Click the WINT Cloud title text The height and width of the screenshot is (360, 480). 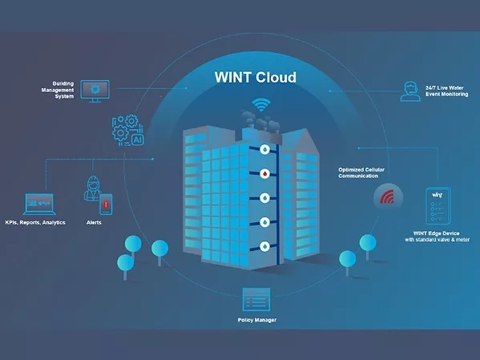point(256,78)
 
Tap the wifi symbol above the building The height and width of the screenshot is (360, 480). point(260,105)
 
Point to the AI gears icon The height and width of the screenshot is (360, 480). point(128,130)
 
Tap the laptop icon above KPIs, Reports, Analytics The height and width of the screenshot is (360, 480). point(38,203)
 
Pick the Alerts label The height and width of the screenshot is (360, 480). point(94,222)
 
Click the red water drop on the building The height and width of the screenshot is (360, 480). point(264,173)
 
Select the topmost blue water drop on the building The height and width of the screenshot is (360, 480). point(264,149)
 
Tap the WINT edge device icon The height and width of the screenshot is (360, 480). point(438,206)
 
